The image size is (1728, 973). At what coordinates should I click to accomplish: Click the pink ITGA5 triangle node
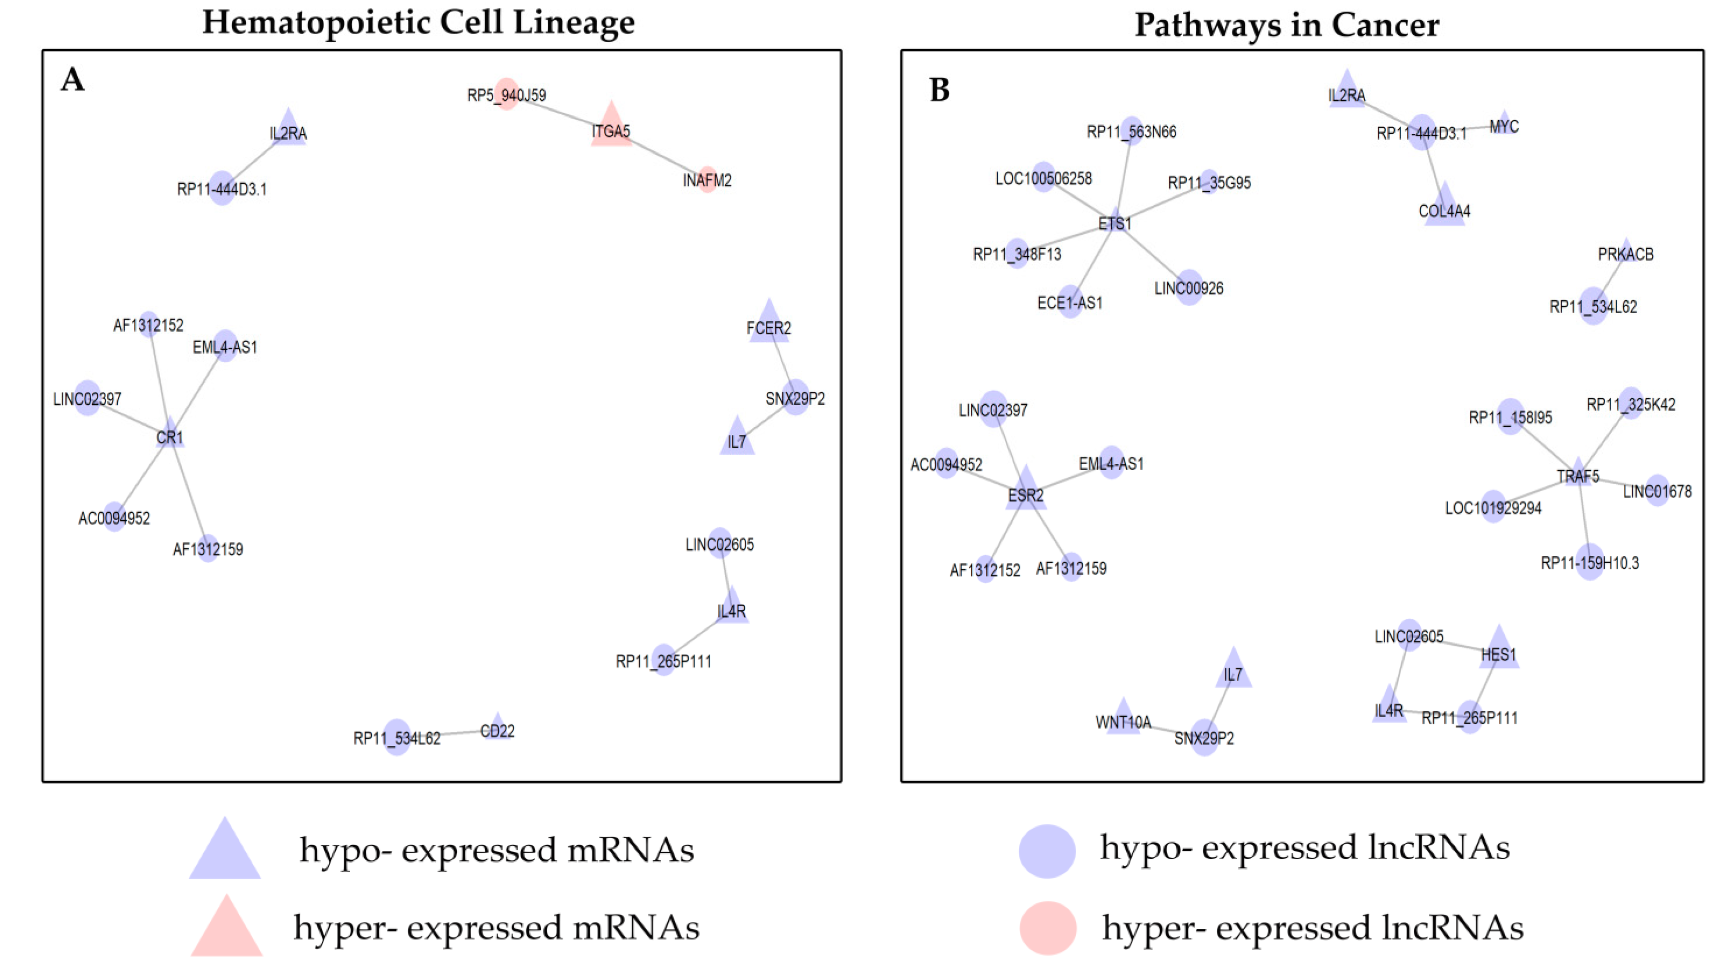tap(611, 127)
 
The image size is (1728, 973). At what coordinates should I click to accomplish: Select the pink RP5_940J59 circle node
tap(507, 94)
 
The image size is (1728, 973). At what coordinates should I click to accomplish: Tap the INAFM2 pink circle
tap(707, 180)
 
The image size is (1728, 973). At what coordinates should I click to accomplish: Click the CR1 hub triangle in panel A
tap(170, 434)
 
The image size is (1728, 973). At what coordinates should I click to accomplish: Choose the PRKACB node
tap(1625, 252)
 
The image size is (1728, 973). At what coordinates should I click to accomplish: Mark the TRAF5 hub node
tap(1578, 473)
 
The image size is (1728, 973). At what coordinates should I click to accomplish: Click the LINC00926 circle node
tap(1189, 287)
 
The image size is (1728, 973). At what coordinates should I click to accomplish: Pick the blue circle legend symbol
tap(1046, 850)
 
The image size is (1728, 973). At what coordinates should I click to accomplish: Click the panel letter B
tap(939, 90)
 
